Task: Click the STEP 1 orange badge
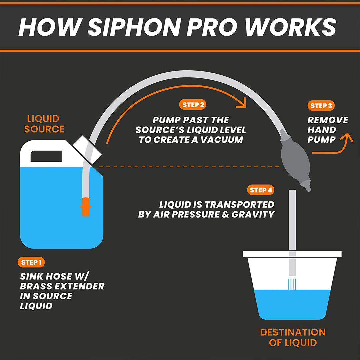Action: click(x=31, y=262)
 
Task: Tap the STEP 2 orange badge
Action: click(x=193, y=105)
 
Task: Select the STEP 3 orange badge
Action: click(x=321, y=106)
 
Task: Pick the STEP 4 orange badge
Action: click(x=261, y=190)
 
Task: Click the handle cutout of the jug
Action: click(x=46, y=156)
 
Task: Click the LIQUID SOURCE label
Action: click(x=44, y=124)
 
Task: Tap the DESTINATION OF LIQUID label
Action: click(x=293, y=337)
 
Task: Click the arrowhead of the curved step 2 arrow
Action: click(x=243, y=103)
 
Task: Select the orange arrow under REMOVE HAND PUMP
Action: click(x=333, y=147)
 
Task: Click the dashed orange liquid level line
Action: click(x=187, y=166)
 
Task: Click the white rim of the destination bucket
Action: click(x=292, y=254)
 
